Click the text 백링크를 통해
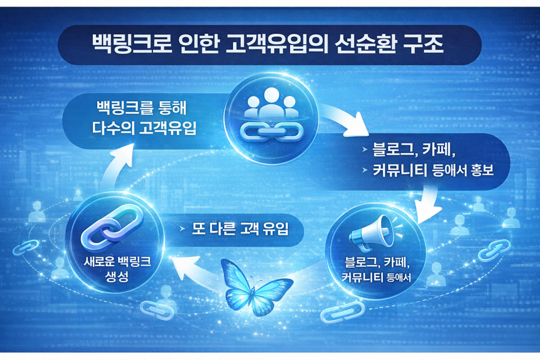(x=140, y=109)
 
